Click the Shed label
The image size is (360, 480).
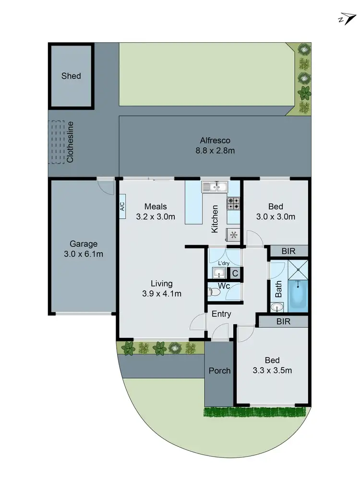[71, 76]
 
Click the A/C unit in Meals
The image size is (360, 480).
[122, 206]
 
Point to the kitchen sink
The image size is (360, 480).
[215, 187]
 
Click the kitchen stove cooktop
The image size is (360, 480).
[233, 204]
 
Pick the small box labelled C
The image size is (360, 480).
[235, 274]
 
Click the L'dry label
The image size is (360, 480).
[223, 264]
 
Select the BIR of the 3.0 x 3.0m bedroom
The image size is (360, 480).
[288, 251]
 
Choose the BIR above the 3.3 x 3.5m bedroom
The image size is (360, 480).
[283, 321]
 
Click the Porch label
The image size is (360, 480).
[219, 371]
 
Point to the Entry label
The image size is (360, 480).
[221, 314]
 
